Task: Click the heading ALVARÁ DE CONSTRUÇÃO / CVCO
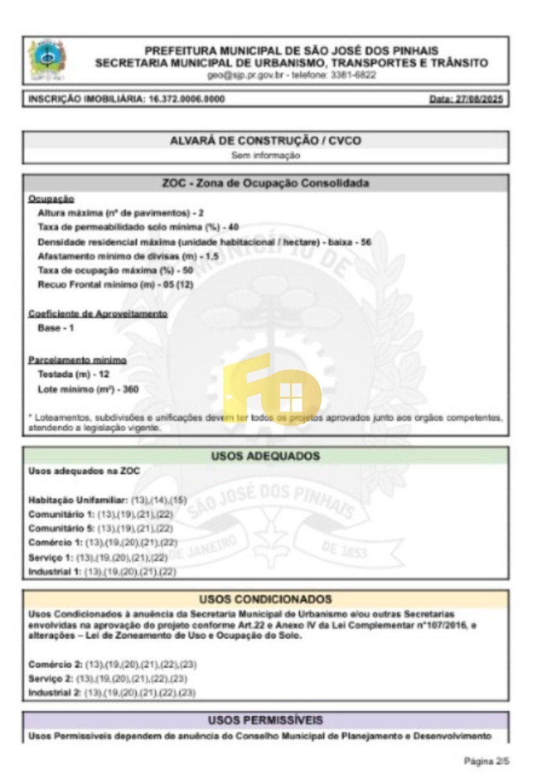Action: (x=266, y=141)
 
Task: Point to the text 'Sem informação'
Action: (x=266, y=155)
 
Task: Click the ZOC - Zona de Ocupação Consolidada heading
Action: (x=266, y=183)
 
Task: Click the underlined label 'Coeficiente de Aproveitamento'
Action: (x=97, y=313)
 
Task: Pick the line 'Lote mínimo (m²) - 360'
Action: (x=88, y=389)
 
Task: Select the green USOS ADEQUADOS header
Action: (x=266, y=456)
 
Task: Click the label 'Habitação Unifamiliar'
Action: (x=76, y=500)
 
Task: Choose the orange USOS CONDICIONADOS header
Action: (x=266, y=599)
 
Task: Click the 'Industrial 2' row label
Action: (x=55, y=693)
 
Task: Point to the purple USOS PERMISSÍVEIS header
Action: (x=266, y=720)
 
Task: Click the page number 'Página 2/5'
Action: (x=485, y=761)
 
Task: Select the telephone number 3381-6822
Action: (x=353, y=75)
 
